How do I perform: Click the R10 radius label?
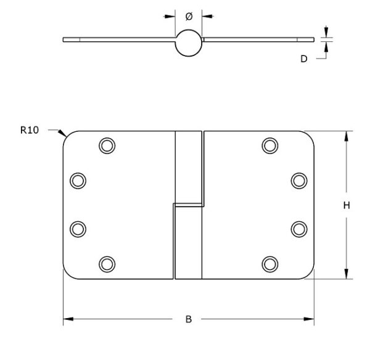30,130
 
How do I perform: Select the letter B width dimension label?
189,319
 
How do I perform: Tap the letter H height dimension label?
347,205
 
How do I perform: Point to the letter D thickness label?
304,59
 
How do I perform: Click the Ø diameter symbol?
189,17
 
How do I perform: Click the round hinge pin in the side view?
189,43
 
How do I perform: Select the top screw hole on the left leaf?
107,146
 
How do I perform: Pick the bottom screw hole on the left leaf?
107,264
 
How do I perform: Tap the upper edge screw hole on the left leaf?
78,181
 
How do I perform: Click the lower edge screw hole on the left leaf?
78,229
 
